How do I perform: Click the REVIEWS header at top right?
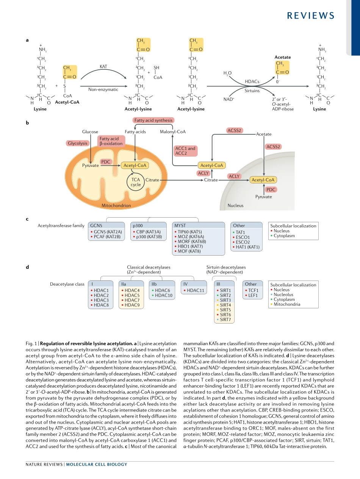[x=311, y=16]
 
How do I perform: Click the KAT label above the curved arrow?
[x=103, y=66]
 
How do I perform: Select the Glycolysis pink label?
[x=78, y=143]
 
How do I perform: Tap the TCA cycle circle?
[x=136, y=182]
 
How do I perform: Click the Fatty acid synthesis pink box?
[x=153, y=120]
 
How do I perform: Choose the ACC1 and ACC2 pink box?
[x=185, y=151]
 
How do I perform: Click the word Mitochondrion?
[x=116, y=206]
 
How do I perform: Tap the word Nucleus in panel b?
[x=235, y=206]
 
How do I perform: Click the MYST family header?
[x=180, y=226]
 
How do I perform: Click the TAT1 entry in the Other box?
[x=240, y=232]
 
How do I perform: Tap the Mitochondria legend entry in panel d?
[x=287, y=304]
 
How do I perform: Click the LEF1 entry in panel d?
[x=253, y=295]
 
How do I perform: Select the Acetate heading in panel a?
[x=283, y=57]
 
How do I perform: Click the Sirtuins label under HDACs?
[x=252, y=91]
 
